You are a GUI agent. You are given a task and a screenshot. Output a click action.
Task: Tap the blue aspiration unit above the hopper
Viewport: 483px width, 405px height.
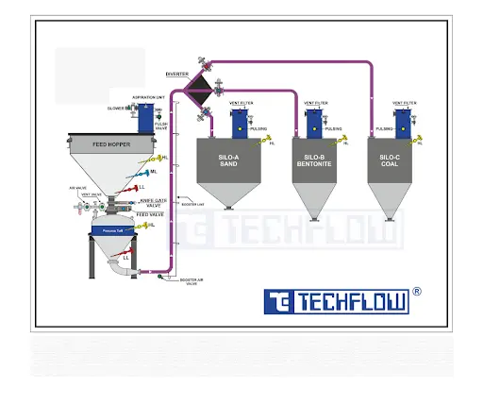click(x=147, y=118)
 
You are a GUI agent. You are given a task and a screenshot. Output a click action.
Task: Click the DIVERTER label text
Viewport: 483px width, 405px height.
click(x=176, y=73)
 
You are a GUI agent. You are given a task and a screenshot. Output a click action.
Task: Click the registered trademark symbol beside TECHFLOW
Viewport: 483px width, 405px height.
click(x=418, y=292)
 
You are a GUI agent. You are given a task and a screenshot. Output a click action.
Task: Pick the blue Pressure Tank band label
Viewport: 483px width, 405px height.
click(x=115, y=229)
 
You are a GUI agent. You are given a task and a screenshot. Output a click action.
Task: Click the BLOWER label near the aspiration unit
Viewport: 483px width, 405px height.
click(x=116, y=109)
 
